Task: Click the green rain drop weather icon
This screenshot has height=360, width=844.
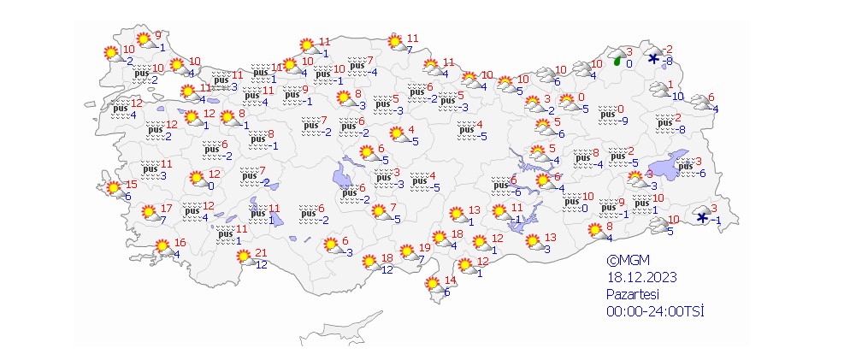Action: point(617,60)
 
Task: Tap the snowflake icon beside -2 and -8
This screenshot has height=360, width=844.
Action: point(653,59)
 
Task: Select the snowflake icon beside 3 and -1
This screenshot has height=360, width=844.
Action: point(702,217)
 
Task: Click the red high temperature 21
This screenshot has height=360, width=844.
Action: point(262,252)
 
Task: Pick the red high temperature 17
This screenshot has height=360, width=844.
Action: point(166,208)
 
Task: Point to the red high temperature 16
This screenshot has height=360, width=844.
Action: point(180,242)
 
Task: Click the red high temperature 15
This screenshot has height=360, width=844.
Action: point(131,185)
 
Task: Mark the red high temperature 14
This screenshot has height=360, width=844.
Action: point(452,280)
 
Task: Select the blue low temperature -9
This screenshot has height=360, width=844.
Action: point(623,121)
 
